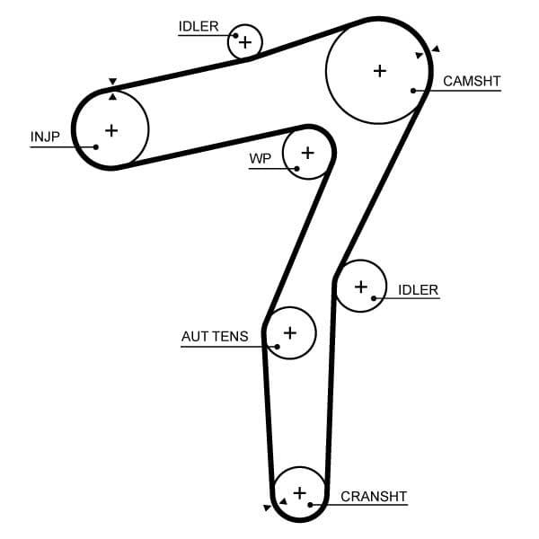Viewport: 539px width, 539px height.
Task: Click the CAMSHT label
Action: pyautogui.click(x=472, y=81)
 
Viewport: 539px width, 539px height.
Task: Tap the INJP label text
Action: pyautogui.click(x=44, y=137)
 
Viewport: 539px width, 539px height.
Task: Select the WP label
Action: pyautogui.click(x=260, y=159)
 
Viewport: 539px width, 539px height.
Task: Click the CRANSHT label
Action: pyautogui.click(x=374, y=496)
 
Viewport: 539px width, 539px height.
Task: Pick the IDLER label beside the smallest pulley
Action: pyautogui.click(x=199, y=26)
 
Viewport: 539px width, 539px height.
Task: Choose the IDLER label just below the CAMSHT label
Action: pyautogui.click(x=418, y=289)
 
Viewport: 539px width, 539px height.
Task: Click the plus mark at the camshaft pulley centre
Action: pyautogui.click(x=380, y=70)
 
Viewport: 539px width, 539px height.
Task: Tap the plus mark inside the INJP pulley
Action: pyautogui.click(x=111, y=130)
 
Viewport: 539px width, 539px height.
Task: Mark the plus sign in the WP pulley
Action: pyautogui.click(x=308, y=152)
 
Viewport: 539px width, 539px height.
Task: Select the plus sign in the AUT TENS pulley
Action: pyautogui.click(x=289, y=332)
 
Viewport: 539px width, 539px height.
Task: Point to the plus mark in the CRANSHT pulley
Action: pyautogui.click(x=300, y=492)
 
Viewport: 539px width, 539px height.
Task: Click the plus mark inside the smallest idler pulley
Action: pyautogui.click(x=244, y=41)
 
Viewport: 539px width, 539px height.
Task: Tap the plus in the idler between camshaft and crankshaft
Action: pyautogui.click(x=361, y=287)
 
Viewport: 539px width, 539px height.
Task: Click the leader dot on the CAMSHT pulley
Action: pyautogui.click(x=413, y=90)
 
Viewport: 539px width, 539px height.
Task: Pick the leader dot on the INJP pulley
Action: pyautogui.click(x=96, y=146)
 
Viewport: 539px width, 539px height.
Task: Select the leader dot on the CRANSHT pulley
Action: pyautogui.click(x=310, y=505)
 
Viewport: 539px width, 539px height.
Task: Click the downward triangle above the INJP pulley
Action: pyautogui.click(x=112, y=81)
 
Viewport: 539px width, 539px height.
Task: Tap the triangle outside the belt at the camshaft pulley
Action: pyautogui.click(x=436, y=49)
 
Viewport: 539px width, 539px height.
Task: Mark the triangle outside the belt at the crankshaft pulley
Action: pyautogui.click(x=267, y=508)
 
